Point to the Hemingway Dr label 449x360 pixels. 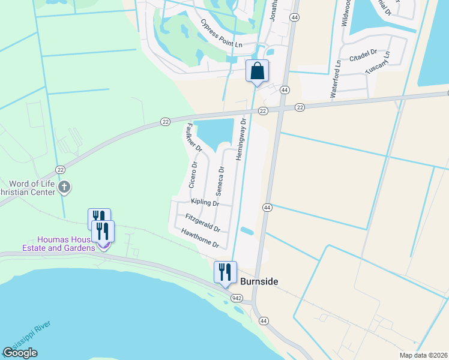pos(241,138)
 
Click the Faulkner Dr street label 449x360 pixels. pos(193,137)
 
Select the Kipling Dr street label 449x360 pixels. pos(205,203)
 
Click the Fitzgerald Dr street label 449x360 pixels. pos(203,223)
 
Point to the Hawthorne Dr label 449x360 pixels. pos(196,238)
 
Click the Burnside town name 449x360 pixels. pos(259,281)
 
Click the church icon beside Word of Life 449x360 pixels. pos(65,188)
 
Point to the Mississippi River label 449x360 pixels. pos(27,339)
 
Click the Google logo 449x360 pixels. pos(20,353)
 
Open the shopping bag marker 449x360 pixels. pos(257,71)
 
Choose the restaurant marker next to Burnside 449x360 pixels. pos(226,272)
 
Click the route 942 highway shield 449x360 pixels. pos(237,298)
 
